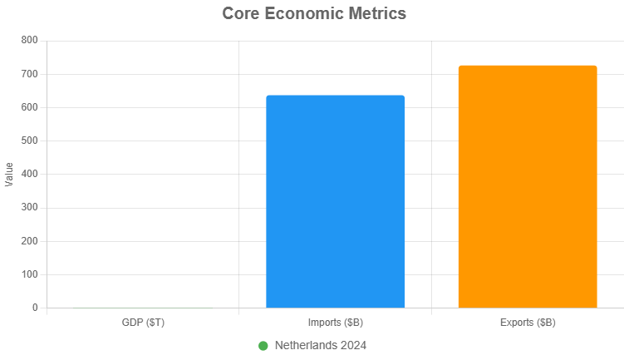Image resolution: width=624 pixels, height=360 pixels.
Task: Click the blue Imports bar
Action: click(335, 202)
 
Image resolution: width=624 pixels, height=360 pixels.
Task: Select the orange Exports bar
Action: click(528, 187)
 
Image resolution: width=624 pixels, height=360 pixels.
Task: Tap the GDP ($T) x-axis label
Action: click(143, 323)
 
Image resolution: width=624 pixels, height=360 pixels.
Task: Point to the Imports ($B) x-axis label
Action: click(335, 323)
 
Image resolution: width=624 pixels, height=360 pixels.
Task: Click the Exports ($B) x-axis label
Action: click(528, 323)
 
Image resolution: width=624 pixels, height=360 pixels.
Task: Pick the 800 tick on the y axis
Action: click(29, 41)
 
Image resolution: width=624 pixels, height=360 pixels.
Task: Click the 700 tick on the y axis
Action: click(29, 74)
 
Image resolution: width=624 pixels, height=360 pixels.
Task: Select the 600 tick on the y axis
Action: click(29, 107)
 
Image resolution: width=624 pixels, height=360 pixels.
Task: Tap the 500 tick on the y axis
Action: click(29, 141)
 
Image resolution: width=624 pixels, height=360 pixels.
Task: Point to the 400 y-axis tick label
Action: click(29, 175)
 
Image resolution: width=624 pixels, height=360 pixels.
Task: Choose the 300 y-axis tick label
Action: click(29, 208)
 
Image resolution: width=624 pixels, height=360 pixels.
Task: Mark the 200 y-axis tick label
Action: click(29, 241)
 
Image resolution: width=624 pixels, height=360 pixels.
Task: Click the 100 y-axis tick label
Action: click(29, 274)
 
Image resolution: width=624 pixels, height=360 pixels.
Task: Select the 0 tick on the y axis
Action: click(35, 308)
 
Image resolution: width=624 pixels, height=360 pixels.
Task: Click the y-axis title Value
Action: click(9, 174)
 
